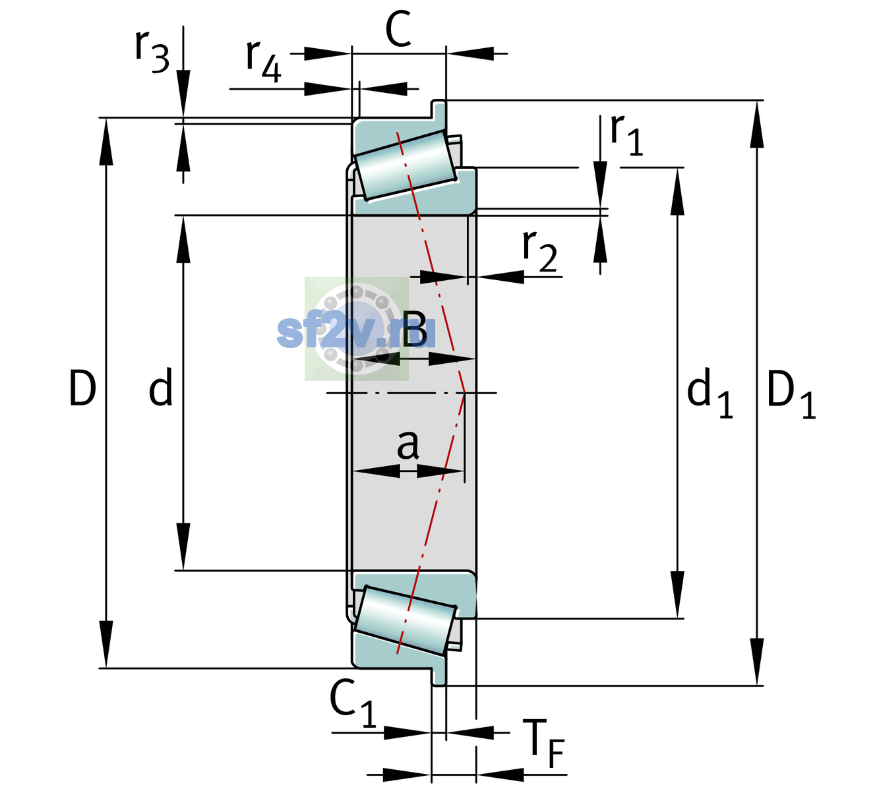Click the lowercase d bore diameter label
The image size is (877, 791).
(x=160, y=386)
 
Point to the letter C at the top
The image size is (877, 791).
(x=398, y=29)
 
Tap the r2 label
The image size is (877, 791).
(x=539, y=251)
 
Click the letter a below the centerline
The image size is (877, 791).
(x=408, y=444)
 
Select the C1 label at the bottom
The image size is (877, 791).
(x=353, y=703)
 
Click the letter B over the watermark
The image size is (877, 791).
(x=414, y=328)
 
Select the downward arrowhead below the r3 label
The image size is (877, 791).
(x=183, y=93)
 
